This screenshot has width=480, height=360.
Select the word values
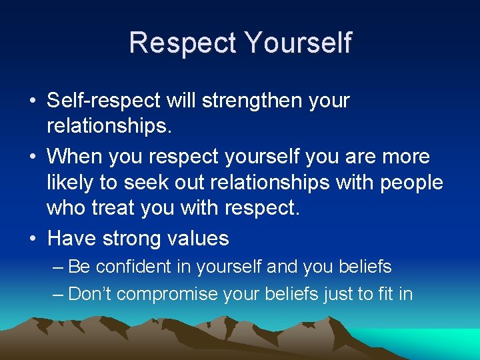click(197, 238)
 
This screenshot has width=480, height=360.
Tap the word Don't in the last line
click(91, 293)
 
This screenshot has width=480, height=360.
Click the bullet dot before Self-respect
click(32, 101)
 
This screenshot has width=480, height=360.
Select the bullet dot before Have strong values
click(32, 239)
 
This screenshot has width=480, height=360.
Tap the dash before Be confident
click(58, 267)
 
